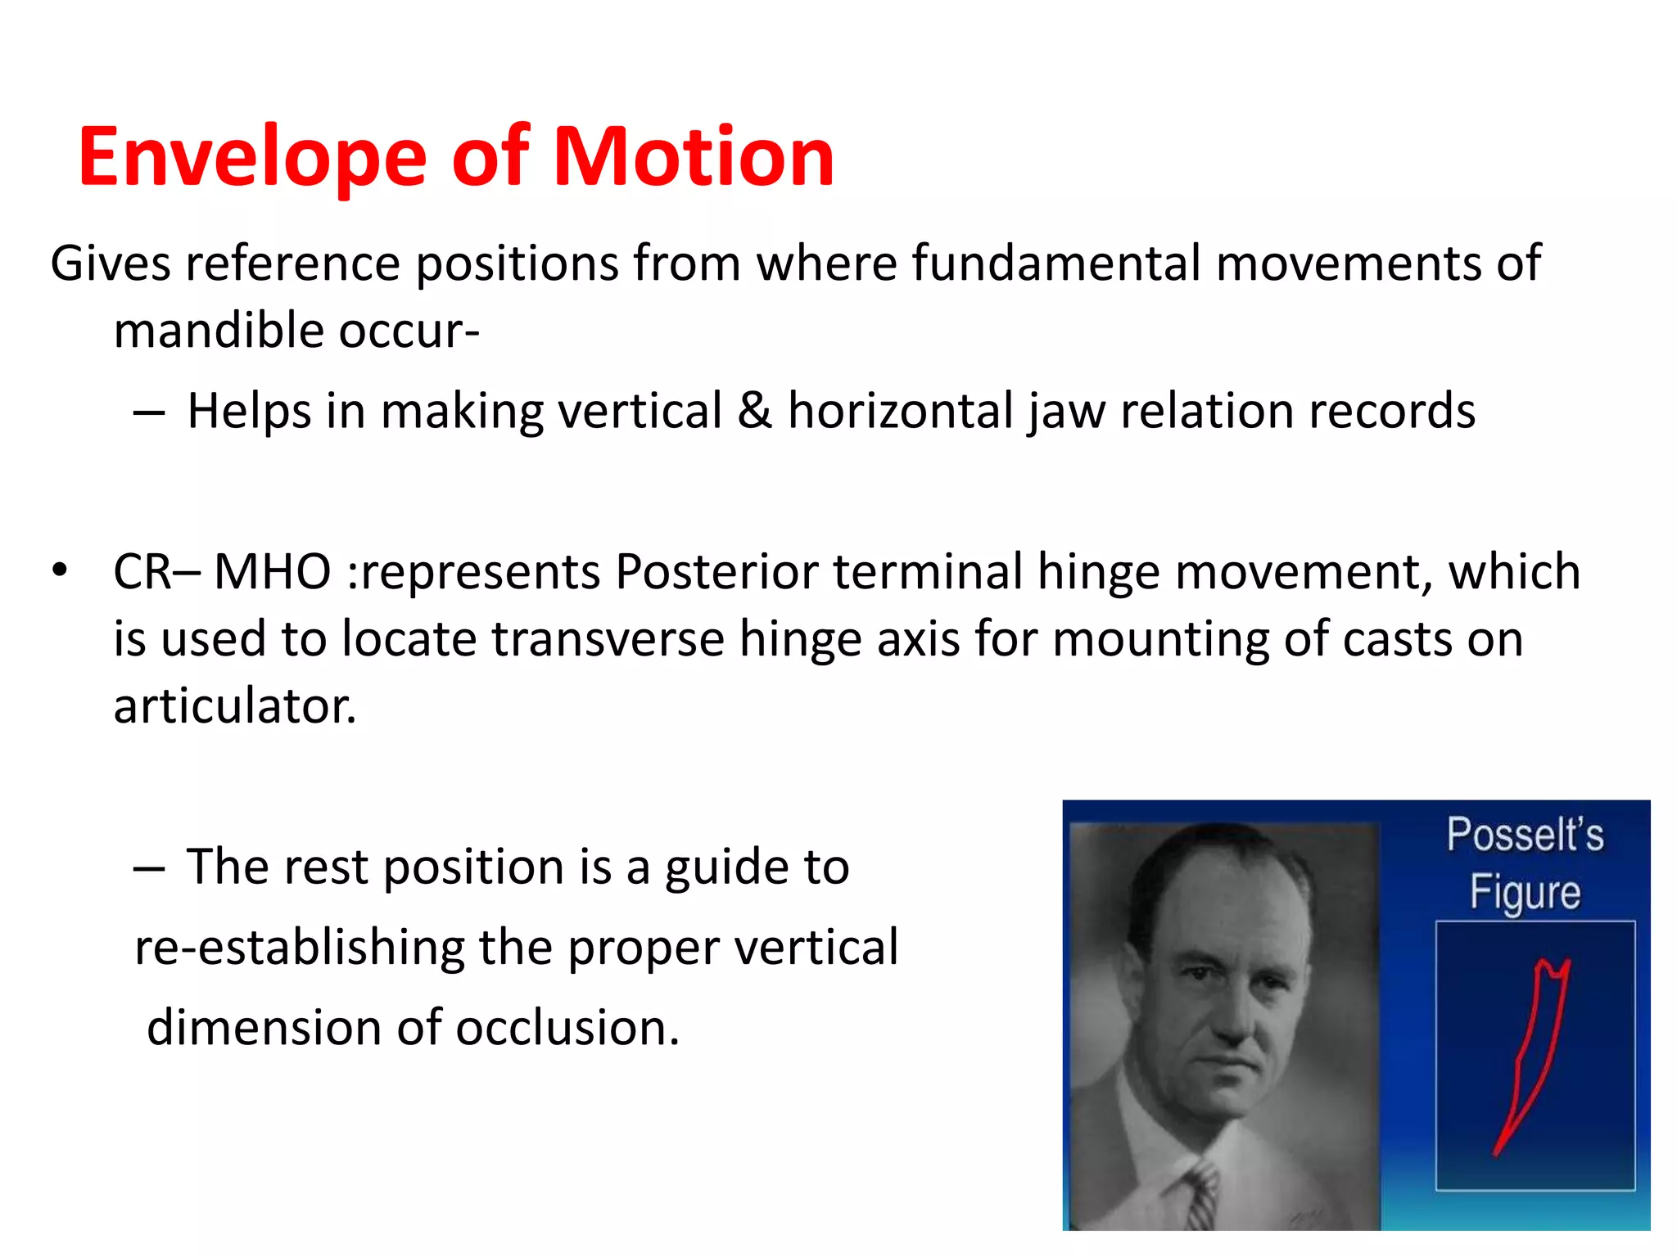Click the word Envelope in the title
[x=252, y=157]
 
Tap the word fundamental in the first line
[x=1056, y=264]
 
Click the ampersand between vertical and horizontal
[x=754, y=411]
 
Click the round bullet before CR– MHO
[x=59, y=570]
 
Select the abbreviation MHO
[x=272, y=571]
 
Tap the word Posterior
[x=716, y=571]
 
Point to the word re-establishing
[x=300, y=948]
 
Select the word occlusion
[x=567, y=1028]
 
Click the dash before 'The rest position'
[x=149, y=867]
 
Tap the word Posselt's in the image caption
[x=1525, y=835]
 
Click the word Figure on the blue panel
[x=1525, y=892]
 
